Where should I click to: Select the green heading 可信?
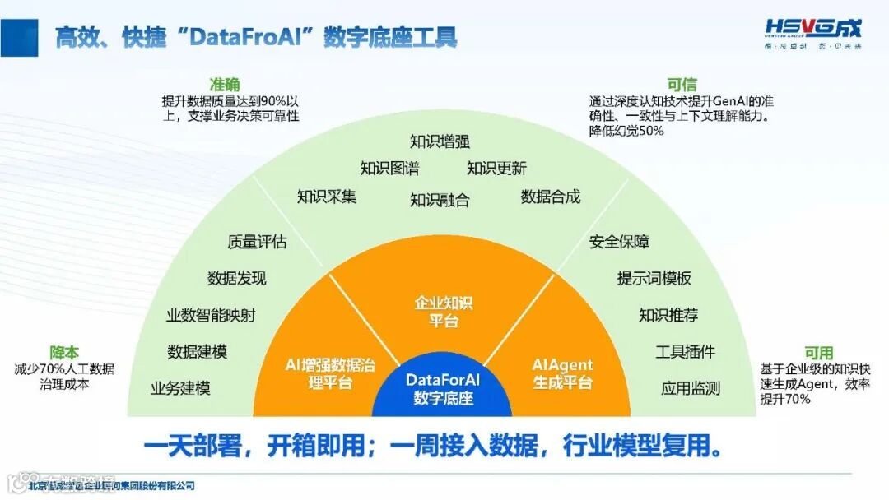click(x=682, y=85)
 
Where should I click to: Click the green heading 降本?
click(x=64, y=353)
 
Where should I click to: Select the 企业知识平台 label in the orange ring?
click(x=444, y=312)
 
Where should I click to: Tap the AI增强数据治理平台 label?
click(x=330, y=373)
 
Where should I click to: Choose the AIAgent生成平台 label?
click(x=562, y=373)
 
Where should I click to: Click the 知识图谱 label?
click(x=389, y=169)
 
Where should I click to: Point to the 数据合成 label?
click(x=551, y=197)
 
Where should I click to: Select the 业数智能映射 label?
click(x=211, y=316)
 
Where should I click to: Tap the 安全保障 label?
click(x=619, y=242)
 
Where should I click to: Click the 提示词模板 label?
click(x=654, y=278)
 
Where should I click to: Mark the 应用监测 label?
click(x=691, y=388)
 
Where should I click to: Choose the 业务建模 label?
click(x=180, y=388)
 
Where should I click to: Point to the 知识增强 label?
click(x=440, y=141)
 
